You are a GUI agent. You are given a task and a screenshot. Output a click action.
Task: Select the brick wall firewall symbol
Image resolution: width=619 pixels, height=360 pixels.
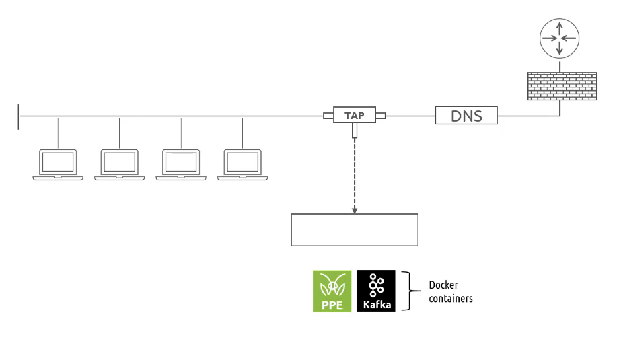point(562,87)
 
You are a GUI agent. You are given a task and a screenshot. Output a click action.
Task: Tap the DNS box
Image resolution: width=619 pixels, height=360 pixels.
point(466,116)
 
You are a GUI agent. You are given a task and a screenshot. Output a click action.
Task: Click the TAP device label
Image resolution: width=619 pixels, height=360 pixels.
point(355,116)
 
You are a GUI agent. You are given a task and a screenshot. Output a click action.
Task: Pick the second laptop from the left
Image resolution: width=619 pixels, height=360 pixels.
point(120,164)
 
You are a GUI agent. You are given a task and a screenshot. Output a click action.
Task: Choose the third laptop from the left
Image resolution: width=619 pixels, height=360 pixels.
point(181,164)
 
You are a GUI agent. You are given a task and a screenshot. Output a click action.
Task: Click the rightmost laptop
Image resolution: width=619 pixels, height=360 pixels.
point(243,164)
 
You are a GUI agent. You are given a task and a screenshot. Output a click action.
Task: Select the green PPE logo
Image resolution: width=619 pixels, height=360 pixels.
point(332,291)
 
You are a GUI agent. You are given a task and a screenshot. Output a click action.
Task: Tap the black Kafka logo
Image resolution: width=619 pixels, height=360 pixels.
point(376,291)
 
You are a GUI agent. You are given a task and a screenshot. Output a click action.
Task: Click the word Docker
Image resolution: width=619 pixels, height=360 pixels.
point(443,285)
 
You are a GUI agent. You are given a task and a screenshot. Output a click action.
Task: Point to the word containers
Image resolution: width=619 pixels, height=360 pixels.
point(451,298)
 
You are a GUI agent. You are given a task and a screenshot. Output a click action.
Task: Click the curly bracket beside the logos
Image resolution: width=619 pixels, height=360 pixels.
point(407,291)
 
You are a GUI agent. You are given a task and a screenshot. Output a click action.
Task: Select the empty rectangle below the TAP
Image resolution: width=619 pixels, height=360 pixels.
point(355,230)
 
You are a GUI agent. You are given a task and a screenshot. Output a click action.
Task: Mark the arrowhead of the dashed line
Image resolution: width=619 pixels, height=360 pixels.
point(355,210)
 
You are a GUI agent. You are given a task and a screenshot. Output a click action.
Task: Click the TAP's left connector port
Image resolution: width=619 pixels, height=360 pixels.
point(328,116)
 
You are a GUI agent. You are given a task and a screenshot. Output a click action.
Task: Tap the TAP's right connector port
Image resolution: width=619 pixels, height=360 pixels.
point(381,116)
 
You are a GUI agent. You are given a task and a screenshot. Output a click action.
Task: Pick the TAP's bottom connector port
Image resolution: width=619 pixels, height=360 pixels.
point(355,133)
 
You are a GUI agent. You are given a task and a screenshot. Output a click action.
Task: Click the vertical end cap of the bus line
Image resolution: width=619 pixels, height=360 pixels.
point(20,116)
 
